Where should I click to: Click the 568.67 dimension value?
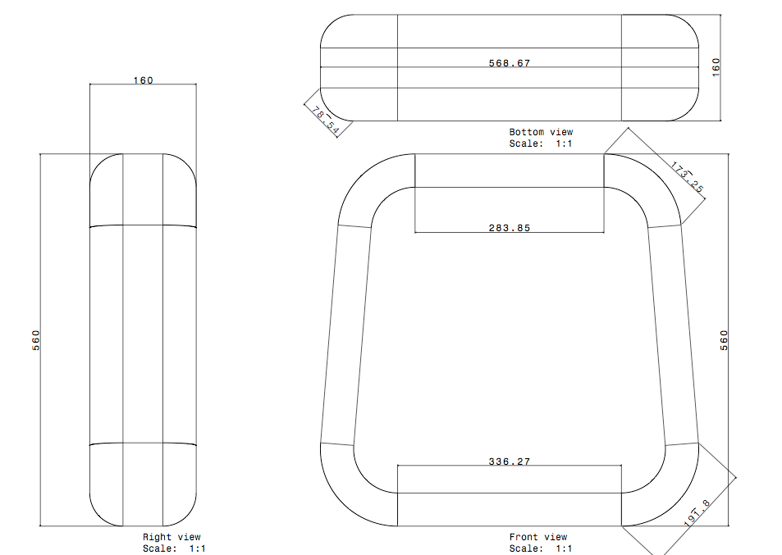pyautogui.click(x=509, y=63)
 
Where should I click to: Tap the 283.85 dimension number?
pyautogui.click(x=509, y=228)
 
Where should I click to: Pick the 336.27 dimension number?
pyautogui.click(x=509, y=462)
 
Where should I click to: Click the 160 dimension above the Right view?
pyautogui.click(x=143, y=80)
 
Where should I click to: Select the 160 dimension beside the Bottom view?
pyautogui.click(x=716, y=67)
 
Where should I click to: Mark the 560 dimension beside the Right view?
pyautogui.click(x=36, y=339)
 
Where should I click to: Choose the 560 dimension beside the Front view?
pyautogui.click(x=724, y=339)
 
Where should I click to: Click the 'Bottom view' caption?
pyautogui.click(x=541, y=132)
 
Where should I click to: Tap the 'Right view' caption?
pyautogui.click(x=171, y=538)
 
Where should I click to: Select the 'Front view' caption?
pyautogui.click(x=537, y=538)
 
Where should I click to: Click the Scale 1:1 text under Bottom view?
pyautogui.click(x=541, y=143)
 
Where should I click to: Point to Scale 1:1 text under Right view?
pyautogui.click(x=174, y=548)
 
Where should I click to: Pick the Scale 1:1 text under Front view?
pyautogui.click(x=541, y=548)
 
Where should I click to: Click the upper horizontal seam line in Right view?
pyautogui.click(x=143, y=225)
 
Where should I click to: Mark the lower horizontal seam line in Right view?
pyautogui.click(x=143, y=444)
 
